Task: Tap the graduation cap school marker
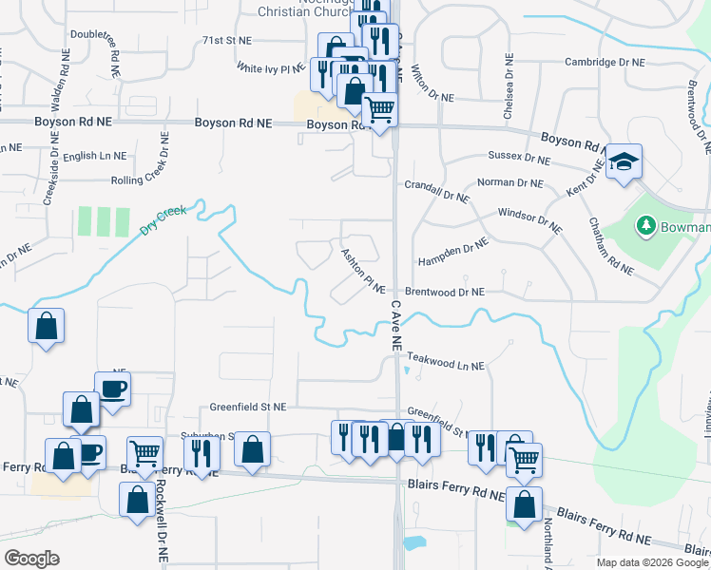click(624, 163)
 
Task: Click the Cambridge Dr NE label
click(605, 62)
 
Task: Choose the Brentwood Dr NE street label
click(445, 292)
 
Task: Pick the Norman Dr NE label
click(509, 182)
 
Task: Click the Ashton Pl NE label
click(362, 271)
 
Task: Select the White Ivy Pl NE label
click(269, 68)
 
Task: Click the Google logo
click(32, 559)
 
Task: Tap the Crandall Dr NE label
click(437, 190)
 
